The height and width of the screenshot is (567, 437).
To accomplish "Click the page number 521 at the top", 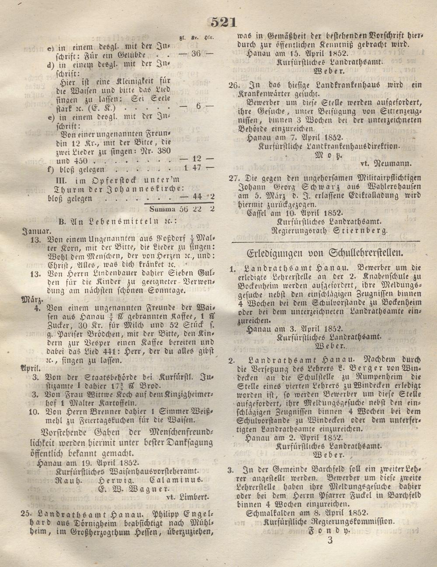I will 224,22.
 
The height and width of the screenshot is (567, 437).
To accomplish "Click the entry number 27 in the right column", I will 235,177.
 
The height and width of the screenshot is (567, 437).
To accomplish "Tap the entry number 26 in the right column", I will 235,84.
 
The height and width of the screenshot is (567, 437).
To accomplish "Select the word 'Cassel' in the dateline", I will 260,213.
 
